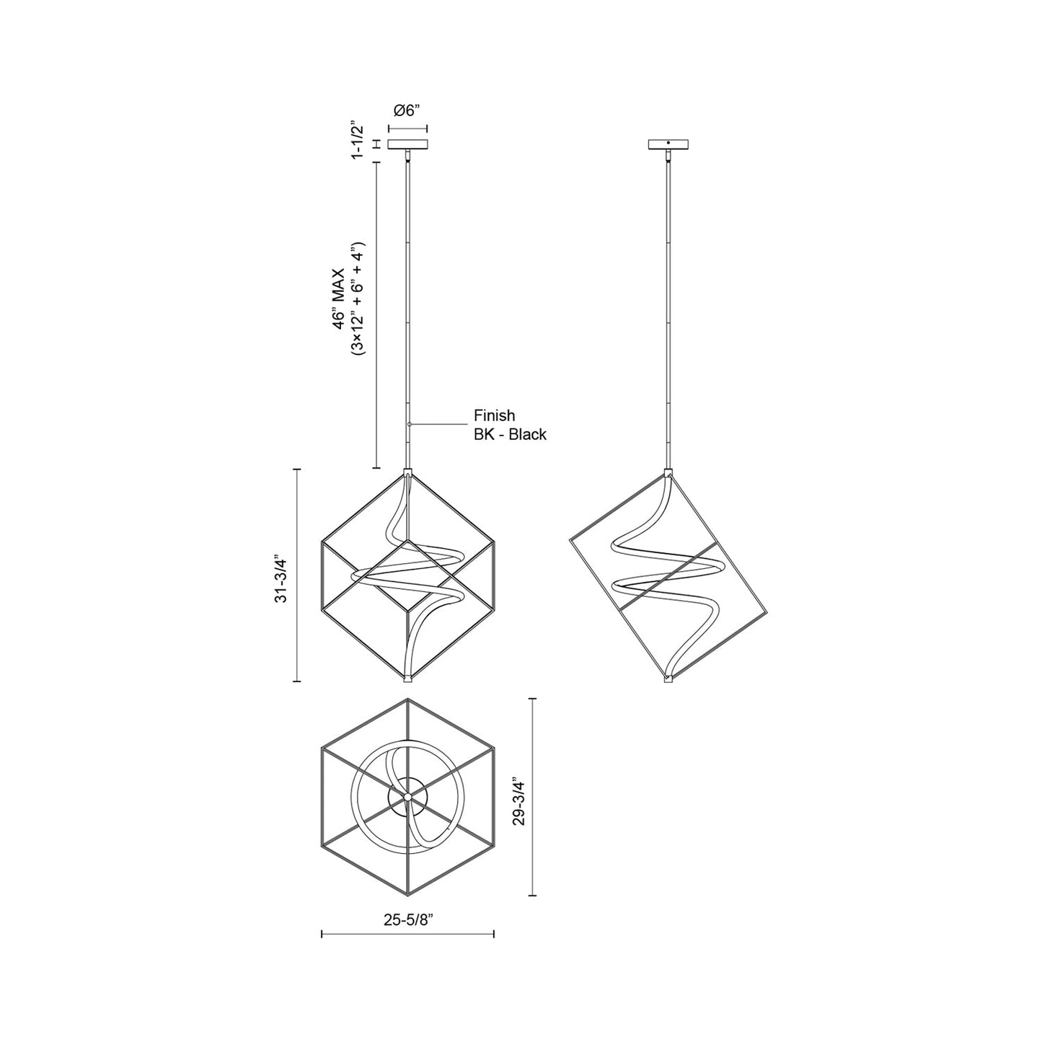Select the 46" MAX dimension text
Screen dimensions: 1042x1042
(340, 302)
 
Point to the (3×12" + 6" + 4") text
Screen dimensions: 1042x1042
(358, 298)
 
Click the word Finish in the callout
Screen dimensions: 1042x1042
(494, 416)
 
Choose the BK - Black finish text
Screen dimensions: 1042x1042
(509, 435)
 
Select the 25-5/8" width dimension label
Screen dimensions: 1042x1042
(408, 920)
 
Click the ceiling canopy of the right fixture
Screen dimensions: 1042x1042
(668, 145)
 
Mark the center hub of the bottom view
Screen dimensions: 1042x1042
(407, 796)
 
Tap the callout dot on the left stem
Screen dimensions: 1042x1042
(409, 425)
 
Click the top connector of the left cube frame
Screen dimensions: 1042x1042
(407, 473)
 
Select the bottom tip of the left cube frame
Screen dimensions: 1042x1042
(407, 679)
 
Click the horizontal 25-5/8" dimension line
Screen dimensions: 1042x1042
(407, 935)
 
